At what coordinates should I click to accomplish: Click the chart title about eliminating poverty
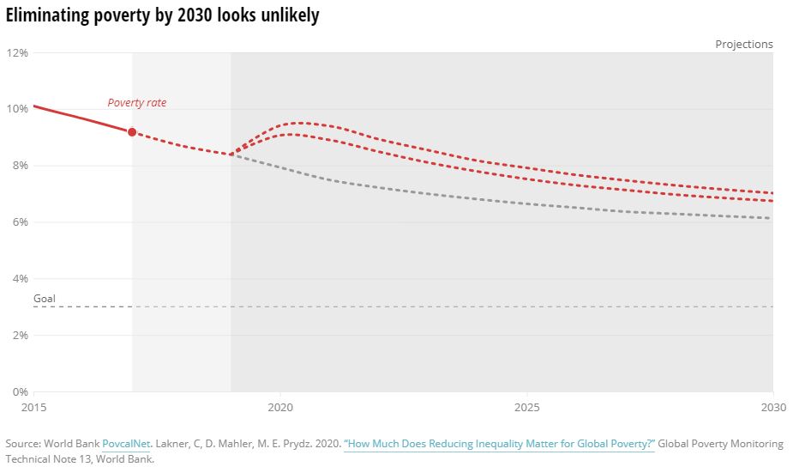(x=163, y=16)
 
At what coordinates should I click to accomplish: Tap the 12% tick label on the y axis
(x=18, y=52)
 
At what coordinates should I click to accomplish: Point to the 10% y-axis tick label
(x=18, y=109)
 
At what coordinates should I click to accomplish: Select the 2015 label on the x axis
(x=33, y=407)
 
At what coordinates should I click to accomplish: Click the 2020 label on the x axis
(x=280, y=407)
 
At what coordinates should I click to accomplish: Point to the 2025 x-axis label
(x=526, y=407)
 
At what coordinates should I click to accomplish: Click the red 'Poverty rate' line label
(x=137, y=103)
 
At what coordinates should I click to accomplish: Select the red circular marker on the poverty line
(x=132, y=132)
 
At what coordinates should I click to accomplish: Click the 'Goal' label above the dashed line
(x=45, y=299)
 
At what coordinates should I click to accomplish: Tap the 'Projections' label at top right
(x=744, y=45)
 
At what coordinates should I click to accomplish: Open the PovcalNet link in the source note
(x=126, y=444)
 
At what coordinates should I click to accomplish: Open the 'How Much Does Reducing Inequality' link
(x=499, y=444)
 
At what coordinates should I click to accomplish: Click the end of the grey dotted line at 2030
(x=772, y=218)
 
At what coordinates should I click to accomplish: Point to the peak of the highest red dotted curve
(x=301, y=123)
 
